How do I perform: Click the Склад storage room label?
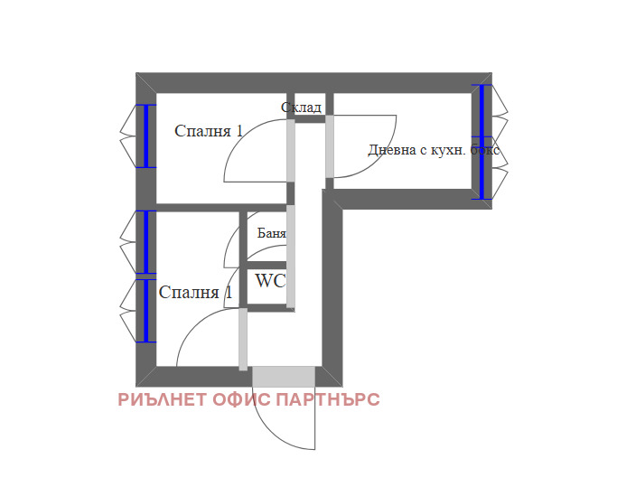click(x=301, y=108)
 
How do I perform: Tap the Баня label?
click(x=272, y=233)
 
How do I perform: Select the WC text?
click(x=270, y=281)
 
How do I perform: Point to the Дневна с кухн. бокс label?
click(x=433, y=150)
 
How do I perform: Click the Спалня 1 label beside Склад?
click(x=209, y=131)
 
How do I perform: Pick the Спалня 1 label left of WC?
click(x=195, y=293)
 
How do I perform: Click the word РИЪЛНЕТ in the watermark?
click(x=163, y=399)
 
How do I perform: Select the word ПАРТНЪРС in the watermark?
click(x=329, y=399)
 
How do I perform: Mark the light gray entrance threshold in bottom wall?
click(x=284, y=376)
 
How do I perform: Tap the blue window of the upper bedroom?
click(x=145, y=136)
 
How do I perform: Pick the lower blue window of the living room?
click(x=482, y=167)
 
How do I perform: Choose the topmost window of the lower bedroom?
click(x=145, y=241)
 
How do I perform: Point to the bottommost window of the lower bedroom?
click(x=145, y=310)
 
